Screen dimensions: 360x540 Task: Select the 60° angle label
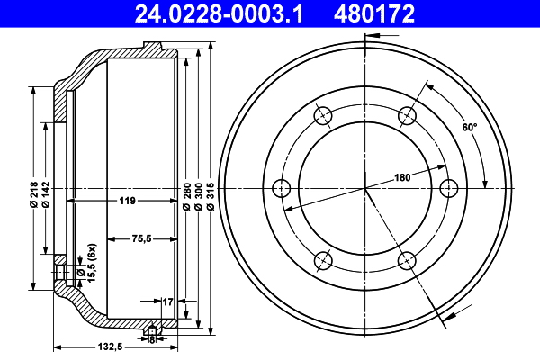[469, 128]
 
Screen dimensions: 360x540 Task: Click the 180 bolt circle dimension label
[401, 178]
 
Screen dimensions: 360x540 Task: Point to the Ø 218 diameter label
[33, 194]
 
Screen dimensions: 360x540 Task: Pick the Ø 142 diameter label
[46, 194]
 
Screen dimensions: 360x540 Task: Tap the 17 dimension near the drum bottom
[166, 301]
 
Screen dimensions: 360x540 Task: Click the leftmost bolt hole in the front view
[281, 188]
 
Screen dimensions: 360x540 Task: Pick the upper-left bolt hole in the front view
[323, 115]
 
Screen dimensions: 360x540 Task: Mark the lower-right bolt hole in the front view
[408, 261]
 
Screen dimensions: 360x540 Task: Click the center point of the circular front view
[365, 188]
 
